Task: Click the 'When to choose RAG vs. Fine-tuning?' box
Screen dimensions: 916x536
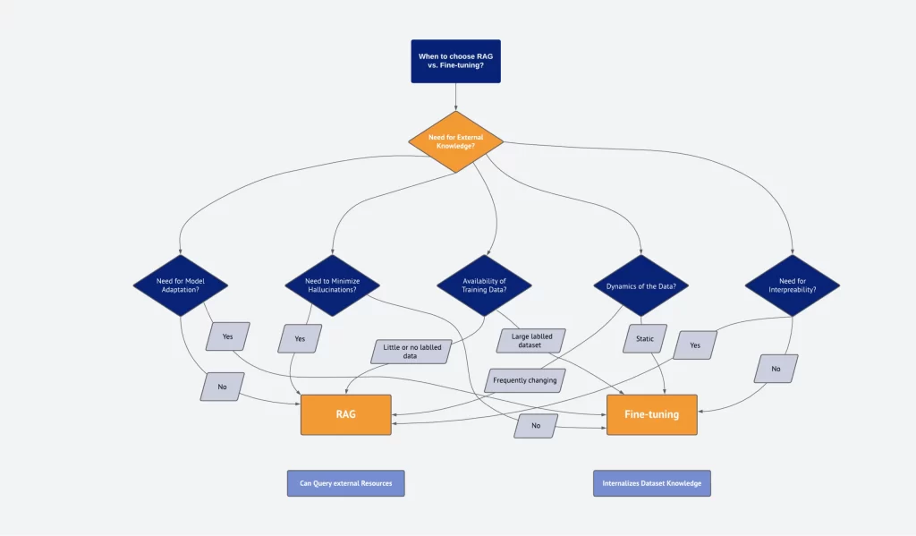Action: point(455,62)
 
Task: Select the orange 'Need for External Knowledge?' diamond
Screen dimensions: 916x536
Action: point(455,141)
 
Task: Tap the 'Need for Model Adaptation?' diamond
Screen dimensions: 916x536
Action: point(181,285)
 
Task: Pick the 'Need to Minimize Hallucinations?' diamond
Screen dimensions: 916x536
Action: point(333,285)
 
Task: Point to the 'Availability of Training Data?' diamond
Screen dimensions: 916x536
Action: point(484,285)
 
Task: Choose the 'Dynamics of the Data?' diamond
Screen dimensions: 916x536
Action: point(640,285)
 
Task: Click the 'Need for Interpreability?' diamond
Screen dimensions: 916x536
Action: point(793,285)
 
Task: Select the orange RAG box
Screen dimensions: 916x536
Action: point(346,414)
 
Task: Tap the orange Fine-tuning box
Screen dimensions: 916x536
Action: point(652,414)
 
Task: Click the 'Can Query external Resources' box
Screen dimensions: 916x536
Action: point(346,483)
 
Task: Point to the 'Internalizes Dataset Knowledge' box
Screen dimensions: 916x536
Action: point(652,483)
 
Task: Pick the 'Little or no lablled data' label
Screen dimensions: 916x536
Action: point(411,352)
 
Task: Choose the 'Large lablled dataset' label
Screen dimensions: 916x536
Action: point(531,341)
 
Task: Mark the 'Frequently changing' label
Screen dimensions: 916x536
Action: point(524,380)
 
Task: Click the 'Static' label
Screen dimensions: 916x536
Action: point(645,338)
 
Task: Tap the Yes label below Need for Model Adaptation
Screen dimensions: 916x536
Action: point(228,336)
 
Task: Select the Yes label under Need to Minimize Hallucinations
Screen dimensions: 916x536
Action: point(300,338)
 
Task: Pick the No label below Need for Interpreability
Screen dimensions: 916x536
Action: point(776,369)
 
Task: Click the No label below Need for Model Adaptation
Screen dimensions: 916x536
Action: point(222,387)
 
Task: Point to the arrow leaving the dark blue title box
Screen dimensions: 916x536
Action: point(455,97)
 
